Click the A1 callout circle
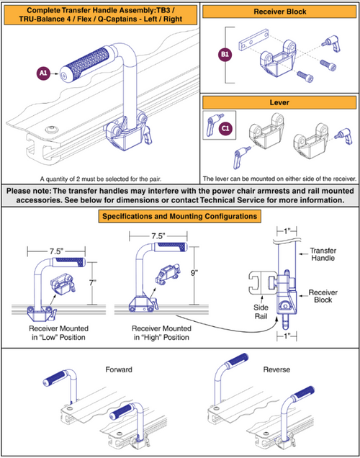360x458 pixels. (43, 72)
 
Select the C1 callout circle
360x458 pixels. (225, 129)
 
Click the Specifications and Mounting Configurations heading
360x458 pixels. (180, 215)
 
